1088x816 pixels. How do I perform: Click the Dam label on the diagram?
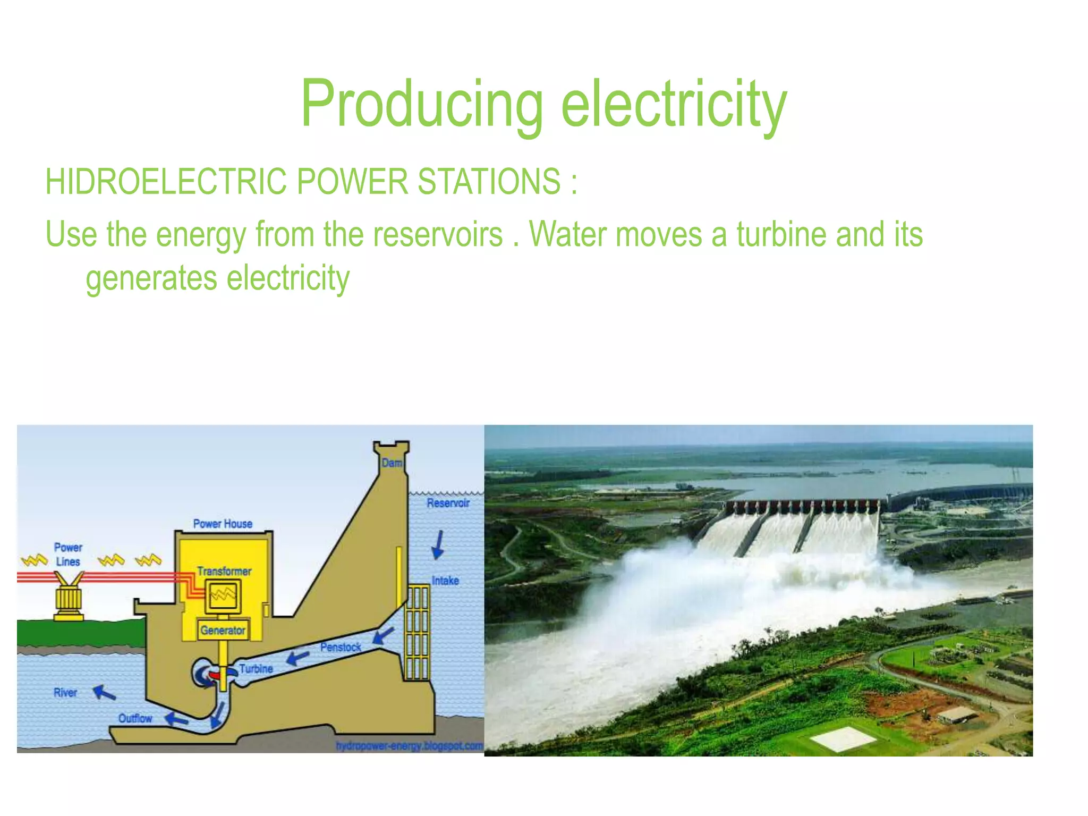pos(392,463)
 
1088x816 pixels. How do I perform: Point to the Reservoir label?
pos(448,503)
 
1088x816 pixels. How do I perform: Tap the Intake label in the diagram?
pos(445,581)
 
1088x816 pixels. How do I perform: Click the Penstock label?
pos(341,647)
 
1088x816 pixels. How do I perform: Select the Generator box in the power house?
pos(223,630)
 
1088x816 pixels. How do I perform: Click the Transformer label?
pos(224,571)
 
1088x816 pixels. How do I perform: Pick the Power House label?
pos(223,524)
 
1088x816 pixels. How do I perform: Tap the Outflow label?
pos(135,718)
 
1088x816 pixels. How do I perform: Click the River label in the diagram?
pos(65,692)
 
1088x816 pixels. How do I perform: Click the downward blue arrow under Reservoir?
pos(438,545)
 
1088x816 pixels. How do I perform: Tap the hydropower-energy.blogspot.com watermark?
pos(409,746)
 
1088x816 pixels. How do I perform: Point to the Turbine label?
pos(256,668)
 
